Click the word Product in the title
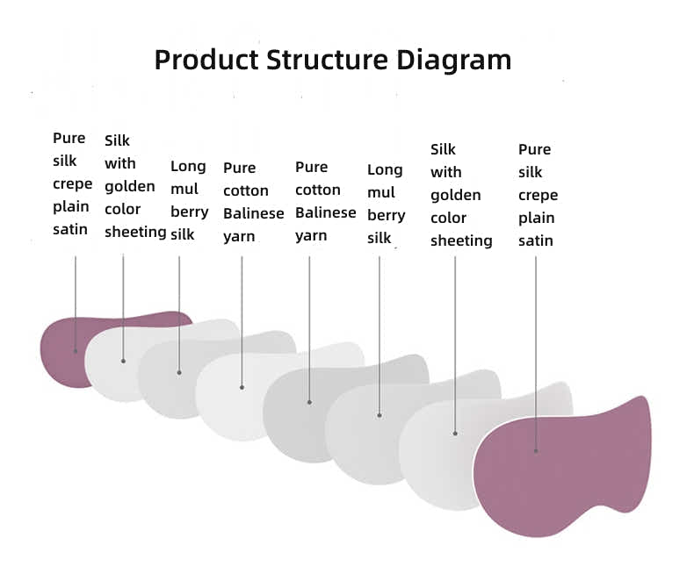pyautogui.click(x=206, y=61)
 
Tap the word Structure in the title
pyautogui.click(x=328, y=61)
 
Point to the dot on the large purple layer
pyautogui.click(x=536, y=451)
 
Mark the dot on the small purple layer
pyautogui.click(x=76, y=351)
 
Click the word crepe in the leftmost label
pyautogui.click(x=72, y=184)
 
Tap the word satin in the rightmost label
pyautogui.click(x=536, y=240)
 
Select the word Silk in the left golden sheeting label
pyautogui.click(x=117, y=140)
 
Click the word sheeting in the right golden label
pyautogui.click(x=461, y=240)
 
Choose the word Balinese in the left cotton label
pyautogui.click(x=253, y=213)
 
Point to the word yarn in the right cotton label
pyautogui.click(x=311, y=235)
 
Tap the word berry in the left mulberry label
pyautogui.click(x=189, y=212)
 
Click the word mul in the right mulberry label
pyautogui.click(x=380, y=192)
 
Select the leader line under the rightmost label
pyautogui.click(x=536, y=351)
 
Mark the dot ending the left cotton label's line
pyautogui.click(x=242, y=387)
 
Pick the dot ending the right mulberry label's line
pyautogui.click(x=380, y=415)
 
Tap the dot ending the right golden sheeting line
pyautogui.click(x=455, y=433)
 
